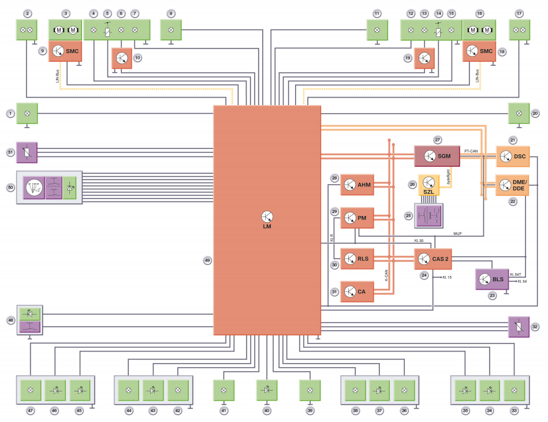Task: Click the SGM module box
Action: point(437,156)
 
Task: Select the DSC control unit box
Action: point(513,156)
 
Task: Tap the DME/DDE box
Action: point(513,185)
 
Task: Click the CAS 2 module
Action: point(432,259)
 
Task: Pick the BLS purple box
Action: point(490,279)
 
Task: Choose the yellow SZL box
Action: point(429,185)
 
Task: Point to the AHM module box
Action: point(357,185)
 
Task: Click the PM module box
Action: point(357,218)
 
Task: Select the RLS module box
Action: point(357,259)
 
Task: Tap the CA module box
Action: point(357,292)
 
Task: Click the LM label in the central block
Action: point(266,227)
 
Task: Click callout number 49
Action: point(207,260)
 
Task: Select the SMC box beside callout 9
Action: point(65,51)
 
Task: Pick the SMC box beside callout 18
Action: point(479,51)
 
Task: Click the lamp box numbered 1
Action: point(27,113)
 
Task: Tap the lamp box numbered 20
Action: point(519,114)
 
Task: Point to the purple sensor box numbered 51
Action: point(27,152)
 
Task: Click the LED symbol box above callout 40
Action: point(267,390)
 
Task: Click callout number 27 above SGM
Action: point(437,139)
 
